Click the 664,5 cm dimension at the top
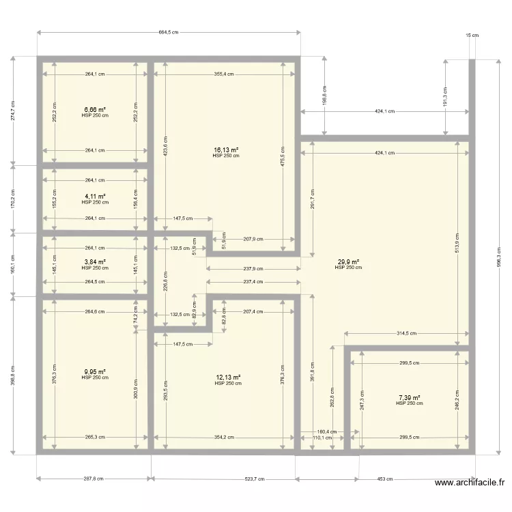pos(168,32)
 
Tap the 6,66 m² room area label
pos(95,109)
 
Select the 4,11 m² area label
pos(95,196)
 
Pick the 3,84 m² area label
pos(95,261)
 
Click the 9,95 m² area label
pos(95,372)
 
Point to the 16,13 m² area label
pos(226,150)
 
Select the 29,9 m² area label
pos(347,261)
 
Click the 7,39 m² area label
pos(409,397)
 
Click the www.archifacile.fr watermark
pos(470,483)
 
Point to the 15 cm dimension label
pos(472,35)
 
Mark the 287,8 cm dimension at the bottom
pos(94,478)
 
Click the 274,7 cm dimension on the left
pos(12,111)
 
